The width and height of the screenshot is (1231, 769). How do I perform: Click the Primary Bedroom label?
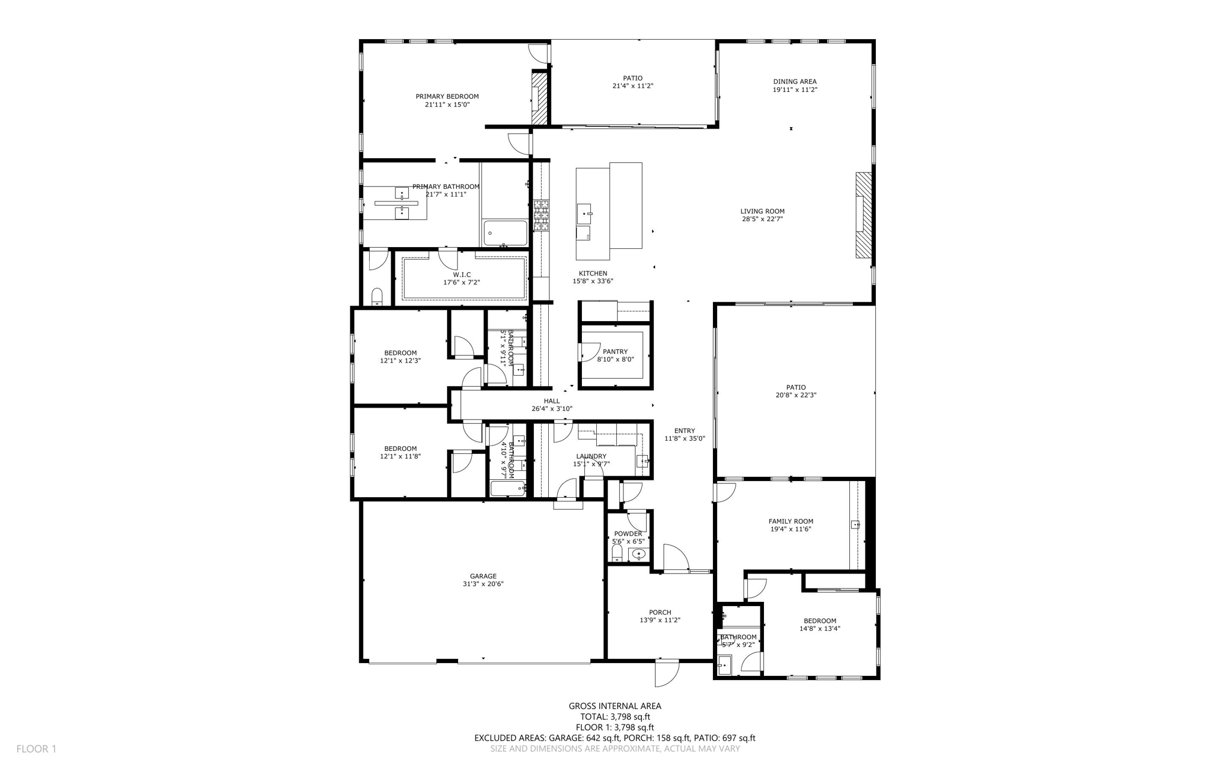point(447,96)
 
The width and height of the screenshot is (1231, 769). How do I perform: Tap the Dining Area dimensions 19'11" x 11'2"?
point(795,90)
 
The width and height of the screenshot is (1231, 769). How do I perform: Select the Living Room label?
point(762,211)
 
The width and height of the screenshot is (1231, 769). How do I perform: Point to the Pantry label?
point(615,352)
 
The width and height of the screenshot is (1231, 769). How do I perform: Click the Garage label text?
point(483,576)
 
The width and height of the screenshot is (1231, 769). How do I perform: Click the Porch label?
point(659,613)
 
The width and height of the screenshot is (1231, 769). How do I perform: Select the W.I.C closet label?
point(462,275)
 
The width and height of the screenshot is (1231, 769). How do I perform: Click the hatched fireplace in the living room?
point(864,215)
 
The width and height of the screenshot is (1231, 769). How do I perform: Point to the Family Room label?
point(790,521)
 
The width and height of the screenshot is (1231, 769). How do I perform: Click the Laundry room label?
point(591,456)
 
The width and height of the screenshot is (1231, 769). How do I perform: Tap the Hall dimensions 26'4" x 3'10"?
point(552,409)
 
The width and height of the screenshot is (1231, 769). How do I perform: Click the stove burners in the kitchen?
point(541,215)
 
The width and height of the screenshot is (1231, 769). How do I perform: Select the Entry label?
point(684,430)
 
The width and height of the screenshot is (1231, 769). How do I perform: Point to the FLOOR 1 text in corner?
point(36,749)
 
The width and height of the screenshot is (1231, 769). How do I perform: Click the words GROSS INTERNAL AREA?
point(615,706)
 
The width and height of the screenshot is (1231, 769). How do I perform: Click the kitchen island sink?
point(584,213)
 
